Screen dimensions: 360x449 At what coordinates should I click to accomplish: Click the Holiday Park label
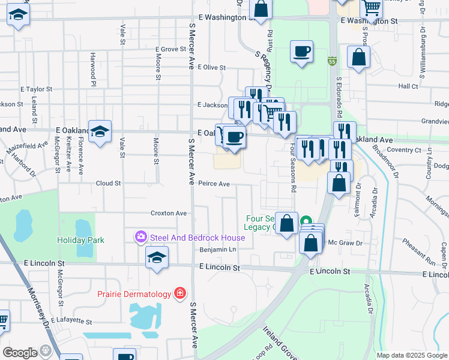[80, 240]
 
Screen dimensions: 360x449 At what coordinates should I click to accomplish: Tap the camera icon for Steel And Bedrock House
[141, 238]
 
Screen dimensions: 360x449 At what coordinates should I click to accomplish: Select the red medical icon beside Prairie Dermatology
[179, 293]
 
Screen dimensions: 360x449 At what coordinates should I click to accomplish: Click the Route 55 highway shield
[332, 61]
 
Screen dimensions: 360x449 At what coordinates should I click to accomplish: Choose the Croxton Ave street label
[169, 213]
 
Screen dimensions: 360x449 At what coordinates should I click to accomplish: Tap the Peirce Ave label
[214, 184]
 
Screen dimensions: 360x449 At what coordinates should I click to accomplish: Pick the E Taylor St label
[37, 89]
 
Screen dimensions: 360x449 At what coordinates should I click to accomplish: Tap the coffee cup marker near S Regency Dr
[301, 52]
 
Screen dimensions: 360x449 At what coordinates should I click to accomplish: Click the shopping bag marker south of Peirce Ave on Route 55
[339, 183]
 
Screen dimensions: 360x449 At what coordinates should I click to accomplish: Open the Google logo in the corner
[20, 353]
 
